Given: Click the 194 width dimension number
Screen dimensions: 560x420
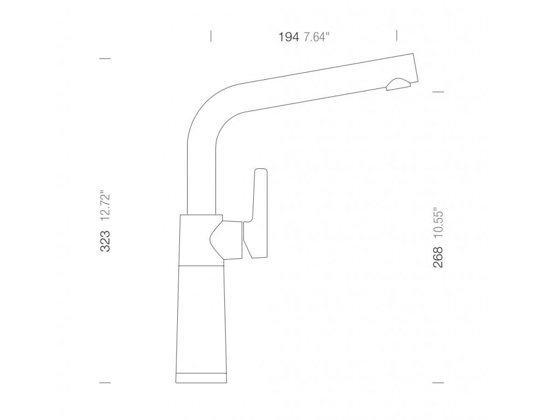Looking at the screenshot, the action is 289,37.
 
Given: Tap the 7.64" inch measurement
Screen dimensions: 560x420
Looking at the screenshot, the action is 317,37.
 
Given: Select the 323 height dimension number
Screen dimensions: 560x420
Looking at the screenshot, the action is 105,241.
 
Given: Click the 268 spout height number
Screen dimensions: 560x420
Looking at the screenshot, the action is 438,257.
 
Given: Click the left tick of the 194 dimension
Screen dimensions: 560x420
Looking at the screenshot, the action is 211,36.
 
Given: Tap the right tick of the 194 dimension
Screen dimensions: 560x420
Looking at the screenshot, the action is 397,36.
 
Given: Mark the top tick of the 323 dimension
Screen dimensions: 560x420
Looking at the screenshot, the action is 105,58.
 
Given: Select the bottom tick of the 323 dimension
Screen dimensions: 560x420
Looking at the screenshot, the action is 105,383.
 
